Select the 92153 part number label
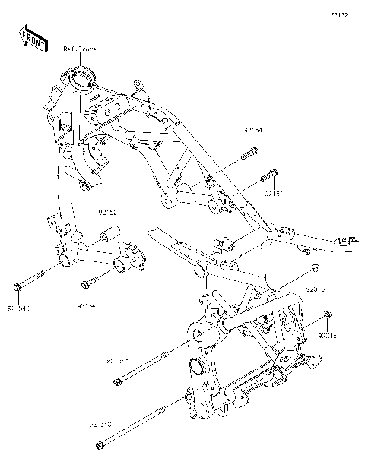(273, 194)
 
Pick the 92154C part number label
(21, 308)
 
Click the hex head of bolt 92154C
(17, 287)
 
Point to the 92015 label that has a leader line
(316, 289)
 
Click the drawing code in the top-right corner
(338, 14)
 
